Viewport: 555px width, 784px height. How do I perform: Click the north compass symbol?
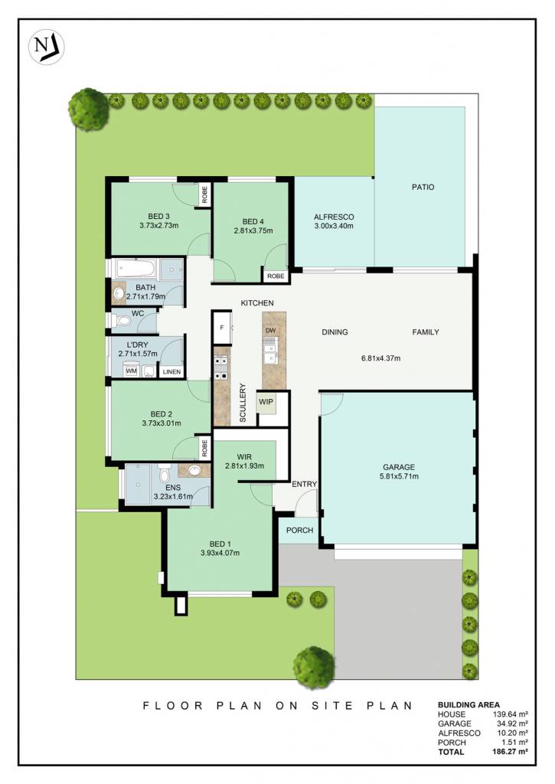pos(47,47)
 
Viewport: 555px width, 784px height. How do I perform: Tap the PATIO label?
pos(423,187)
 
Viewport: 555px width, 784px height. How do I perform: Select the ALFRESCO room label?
pos(334,217)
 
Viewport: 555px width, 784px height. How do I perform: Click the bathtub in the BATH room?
pos(135,269)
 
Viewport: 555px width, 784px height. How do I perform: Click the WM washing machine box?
pos(131,371)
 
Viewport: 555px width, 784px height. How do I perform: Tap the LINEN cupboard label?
pos(171,372)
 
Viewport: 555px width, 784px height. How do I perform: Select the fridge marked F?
pos(222,328)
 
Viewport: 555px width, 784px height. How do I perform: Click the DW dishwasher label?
pos(270,331)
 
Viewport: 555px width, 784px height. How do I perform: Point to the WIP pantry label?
pos(266,401)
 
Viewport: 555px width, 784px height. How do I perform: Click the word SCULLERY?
pos(243,403)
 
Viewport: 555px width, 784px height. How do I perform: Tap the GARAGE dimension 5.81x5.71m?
pos(399,476)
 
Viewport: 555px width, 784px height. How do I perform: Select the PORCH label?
pos(299,530)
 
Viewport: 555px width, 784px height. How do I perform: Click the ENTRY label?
pos(305,484)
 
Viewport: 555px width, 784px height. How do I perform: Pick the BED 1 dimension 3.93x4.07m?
pos(220,553)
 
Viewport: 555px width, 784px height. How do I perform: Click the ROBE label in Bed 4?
pos(276,276)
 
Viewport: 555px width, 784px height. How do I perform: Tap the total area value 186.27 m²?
pos(510,752)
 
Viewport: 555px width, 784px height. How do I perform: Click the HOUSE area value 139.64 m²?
pos(511,714)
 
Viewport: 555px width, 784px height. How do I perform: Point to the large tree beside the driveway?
pos(314,668)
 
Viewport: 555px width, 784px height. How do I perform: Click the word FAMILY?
pos(426,332)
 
